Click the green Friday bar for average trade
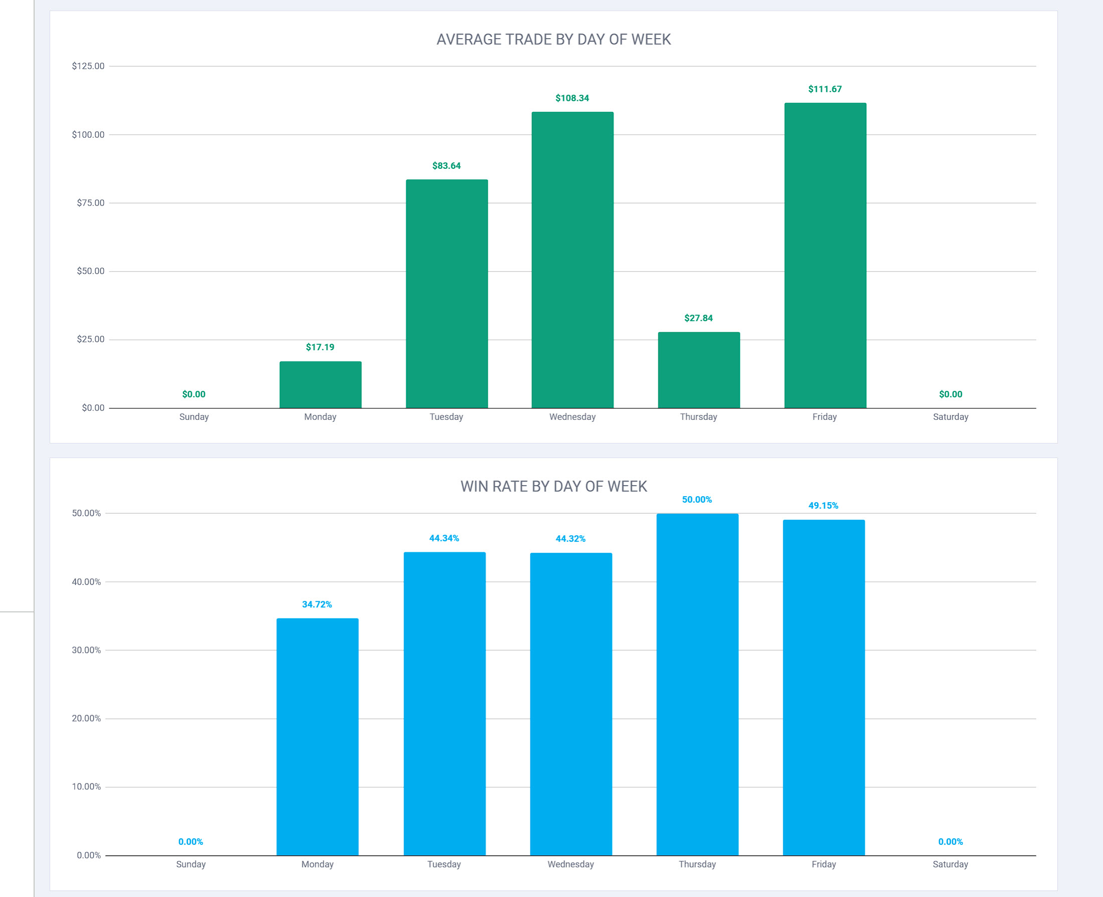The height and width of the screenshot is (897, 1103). click(825, 255)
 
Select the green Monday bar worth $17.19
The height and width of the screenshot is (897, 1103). click(320, 384)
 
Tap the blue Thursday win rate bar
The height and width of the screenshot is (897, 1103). click(697, 684)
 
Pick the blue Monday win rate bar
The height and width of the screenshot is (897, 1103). click(317, 736)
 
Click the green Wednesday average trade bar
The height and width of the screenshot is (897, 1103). click(572, 260)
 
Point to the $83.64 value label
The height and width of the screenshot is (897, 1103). click(447, 166)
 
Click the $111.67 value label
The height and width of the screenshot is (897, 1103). click(825, 89)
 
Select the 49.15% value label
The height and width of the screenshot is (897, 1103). click(823, 505)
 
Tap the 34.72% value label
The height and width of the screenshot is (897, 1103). click(317, 604)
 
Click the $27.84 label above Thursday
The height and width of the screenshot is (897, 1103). click(698, 318)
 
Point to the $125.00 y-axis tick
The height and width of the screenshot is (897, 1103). click(88, 66)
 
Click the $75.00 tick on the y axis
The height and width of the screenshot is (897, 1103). click(90, 203)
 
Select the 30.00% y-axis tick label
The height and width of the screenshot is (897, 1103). click(86, 650)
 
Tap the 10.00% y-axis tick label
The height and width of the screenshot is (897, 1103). click(86, 786)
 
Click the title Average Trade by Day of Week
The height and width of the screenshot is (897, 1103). click(554, 40)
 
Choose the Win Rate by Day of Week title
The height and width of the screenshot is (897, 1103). click(554, 487)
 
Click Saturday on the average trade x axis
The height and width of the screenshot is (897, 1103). click(951, 417)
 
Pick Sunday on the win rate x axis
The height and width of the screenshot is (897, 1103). click(191, 864)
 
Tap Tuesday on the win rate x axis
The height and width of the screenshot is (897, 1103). click(444, 864)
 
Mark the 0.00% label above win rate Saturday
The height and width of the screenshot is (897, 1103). click(951, 842)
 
